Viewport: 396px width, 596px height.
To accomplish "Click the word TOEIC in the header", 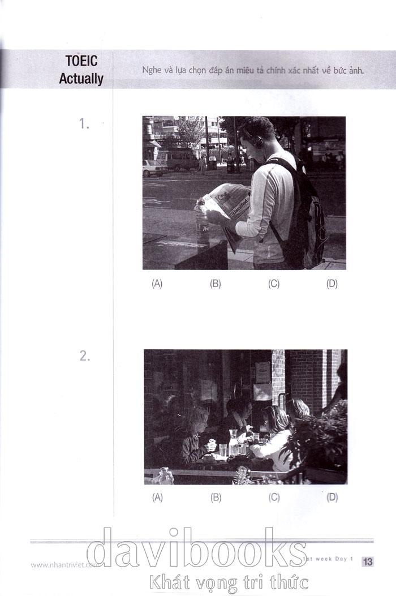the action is click(x=81, y=61).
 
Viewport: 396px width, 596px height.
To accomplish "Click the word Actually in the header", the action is click(x=81, y=79).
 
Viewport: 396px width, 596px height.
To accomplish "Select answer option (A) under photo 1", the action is click(x=157, y=284).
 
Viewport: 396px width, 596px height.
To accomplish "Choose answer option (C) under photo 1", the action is click(x=274, y=284).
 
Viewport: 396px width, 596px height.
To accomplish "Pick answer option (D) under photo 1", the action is click(x=332, y=284).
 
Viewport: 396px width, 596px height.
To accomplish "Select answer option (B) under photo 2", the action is click(x=216, y=497).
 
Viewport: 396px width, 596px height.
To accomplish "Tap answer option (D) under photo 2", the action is click(x=332, y=497).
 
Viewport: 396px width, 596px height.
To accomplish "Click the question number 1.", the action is click(x=84, y=123).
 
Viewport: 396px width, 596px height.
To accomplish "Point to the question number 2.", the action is click(x=85, y=356).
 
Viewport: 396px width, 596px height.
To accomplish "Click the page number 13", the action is click(x=368, y=561).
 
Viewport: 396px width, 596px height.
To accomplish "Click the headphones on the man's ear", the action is click(x=259, y=141).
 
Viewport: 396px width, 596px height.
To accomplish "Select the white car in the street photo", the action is click(x=154, y=168).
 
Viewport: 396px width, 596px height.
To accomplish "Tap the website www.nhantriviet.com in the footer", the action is click(x=64, y=565).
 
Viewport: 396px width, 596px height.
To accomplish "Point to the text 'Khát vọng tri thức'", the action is click(x=229, y=582).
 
